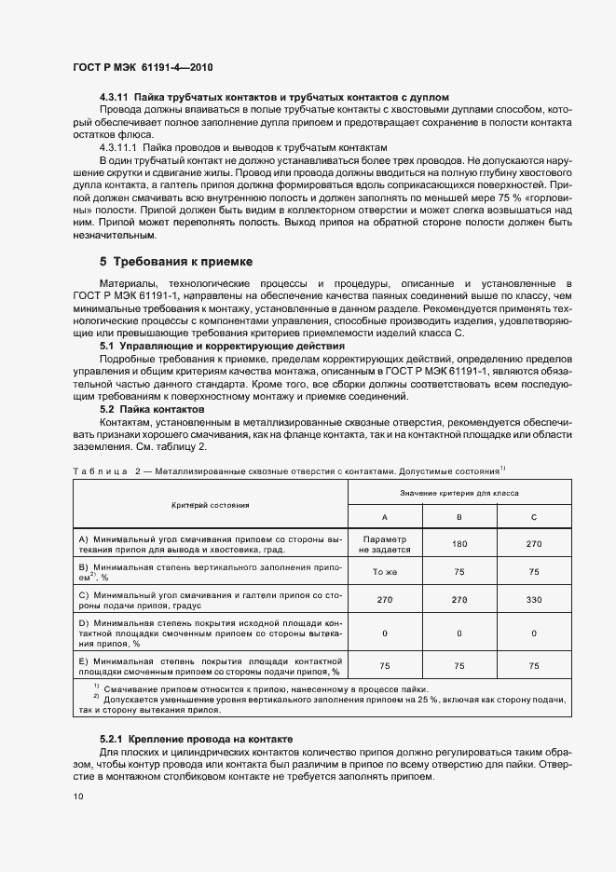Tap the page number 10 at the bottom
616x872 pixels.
coord(78,796)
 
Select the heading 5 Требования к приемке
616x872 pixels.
coord(175,261)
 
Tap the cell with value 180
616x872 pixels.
coord(459,544)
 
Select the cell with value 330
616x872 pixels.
coord(533,600)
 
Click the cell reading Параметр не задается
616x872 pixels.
coord(385,544)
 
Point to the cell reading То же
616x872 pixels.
coord(385,572)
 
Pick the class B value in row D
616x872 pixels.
coord(459,633)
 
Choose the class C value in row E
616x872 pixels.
coord(533,666)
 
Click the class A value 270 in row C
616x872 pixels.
coord(385,600)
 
